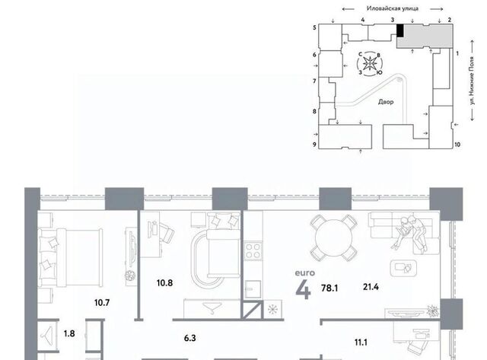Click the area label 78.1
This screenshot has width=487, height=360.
[x=329, y=288]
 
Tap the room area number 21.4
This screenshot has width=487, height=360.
[x=371, y=287]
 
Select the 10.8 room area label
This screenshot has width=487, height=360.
[x=164, y=283]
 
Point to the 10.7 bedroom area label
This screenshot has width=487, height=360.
[x=102, y=302]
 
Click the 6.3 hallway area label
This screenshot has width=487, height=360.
[x=189, y=338]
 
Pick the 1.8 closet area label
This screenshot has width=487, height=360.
[x=69, y=333]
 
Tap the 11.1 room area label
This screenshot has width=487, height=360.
[x=361, y=342]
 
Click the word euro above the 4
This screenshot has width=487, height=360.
[x=304, y=273]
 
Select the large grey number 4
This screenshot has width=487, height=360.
[x=303, y=291]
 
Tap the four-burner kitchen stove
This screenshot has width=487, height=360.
[x=253, y=251]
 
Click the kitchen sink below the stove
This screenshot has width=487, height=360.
[x=253, y=289]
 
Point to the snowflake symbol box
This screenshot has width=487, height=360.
[x=272, y=310]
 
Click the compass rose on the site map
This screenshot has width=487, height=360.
[x=370, y=64]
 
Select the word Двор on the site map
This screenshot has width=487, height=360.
[x=386, y=102]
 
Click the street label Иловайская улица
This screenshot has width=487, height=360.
[x=393, y=8]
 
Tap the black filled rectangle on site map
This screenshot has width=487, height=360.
[x=400, y=30]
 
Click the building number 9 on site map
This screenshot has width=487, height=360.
[x=314, y=144]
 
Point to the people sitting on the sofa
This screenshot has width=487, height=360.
[x=411, y=233]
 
